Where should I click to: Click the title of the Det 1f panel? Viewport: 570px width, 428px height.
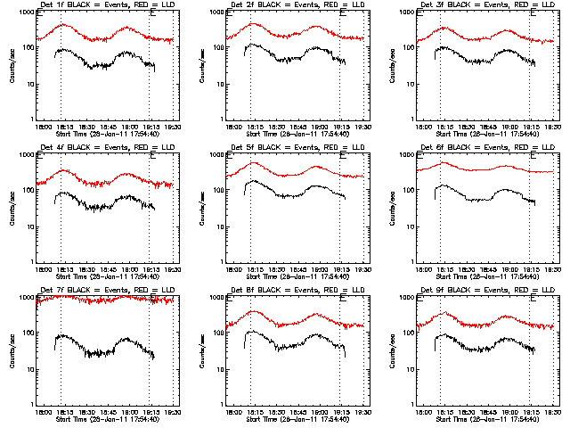tap(105, 5)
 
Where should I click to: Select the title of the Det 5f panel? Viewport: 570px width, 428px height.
tap(296, 148)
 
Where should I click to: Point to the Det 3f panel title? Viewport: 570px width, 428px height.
tap(486, 5)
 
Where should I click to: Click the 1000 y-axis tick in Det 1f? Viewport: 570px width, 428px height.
tap(28, 13)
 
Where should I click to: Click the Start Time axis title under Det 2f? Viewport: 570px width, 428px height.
tap(296, 134)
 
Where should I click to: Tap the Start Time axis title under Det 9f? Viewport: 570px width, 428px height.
tap(486, 419)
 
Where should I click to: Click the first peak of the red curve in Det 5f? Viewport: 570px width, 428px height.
tap(254, 163)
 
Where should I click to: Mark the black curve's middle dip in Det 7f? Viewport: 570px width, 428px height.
tap(98, 355)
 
